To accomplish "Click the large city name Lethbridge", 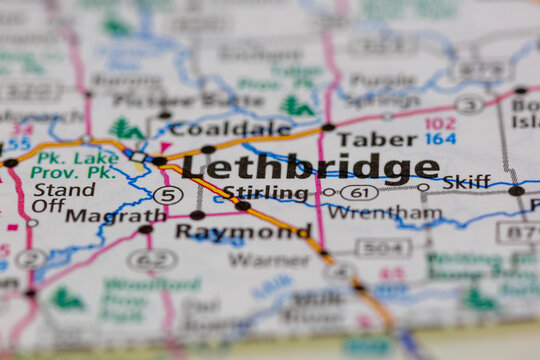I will click(310, 167).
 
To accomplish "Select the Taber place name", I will click(375, 139).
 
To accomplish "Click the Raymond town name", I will click(242, 231).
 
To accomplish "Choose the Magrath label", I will click(116, 214).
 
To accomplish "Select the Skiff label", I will click(466, 182).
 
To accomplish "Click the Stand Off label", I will click(64, 197).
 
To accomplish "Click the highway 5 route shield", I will click(168, 195).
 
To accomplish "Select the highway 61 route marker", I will click(359, 192).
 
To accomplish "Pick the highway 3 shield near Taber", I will click(469, 104).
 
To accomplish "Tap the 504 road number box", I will click(383, 246).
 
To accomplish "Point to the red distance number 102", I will click(440, 123).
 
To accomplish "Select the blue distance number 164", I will click(440, 139).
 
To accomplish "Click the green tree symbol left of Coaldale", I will click(126, 129).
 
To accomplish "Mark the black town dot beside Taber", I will click(328, 127).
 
